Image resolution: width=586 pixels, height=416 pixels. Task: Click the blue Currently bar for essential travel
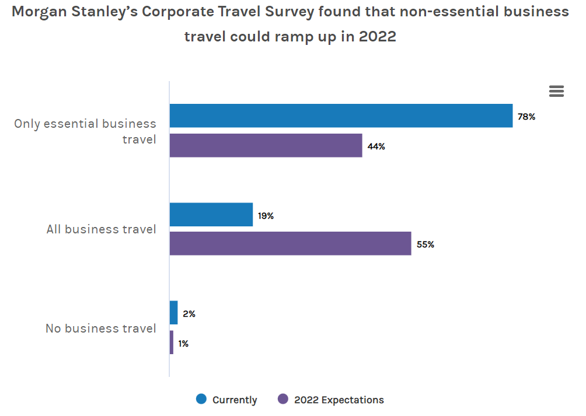click(x=341, y=116)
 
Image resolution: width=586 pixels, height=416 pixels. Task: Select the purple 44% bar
click(x=266, y=145)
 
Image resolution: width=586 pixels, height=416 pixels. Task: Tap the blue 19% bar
click(x=211, y=215)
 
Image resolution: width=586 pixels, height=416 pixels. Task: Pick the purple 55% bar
click(x=290, y=243)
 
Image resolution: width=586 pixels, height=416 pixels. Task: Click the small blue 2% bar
click(x=173, y=313)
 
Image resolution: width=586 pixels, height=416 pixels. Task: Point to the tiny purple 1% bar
click(x=172, y=342)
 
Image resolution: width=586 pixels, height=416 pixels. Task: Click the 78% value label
click(x=526, y=117)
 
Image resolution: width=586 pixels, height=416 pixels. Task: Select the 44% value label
click(x=376, y=146)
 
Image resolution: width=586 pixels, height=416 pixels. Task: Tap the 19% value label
click(x=266, y=216)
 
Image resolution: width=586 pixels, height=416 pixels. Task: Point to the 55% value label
click(x=425, y=244)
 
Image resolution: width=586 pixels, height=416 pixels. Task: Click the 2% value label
click(x=189, y=314)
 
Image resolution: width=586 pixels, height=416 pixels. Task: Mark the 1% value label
click(x=183, y=344)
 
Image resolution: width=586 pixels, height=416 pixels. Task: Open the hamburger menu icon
click(x=556, y=91)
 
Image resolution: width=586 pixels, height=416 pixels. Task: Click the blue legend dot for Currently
click(x=201, y=399)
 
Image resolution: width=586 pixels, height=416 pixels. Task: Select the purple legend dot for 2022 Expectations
click(x=283, y=399)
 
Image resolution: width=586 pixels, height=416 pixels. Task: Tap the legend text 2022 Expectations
click(x=339, y=400)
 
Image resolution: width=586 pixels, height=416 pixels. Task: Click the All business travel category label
click(x=102, y=229)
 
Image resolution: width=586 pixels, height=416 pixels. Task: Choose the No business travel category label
click(x=101, y=328)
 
